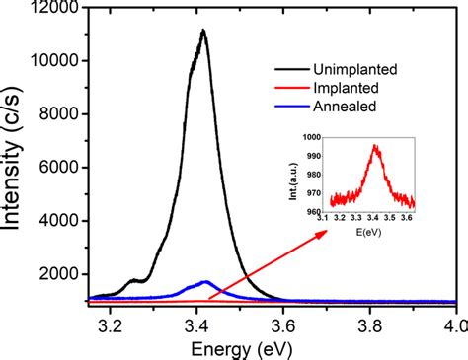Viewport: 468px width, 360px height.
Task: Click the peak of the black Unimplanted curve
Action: coord(203,31)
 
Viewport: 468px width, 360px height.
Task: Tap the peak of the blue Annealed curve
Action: coord(205,282)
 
